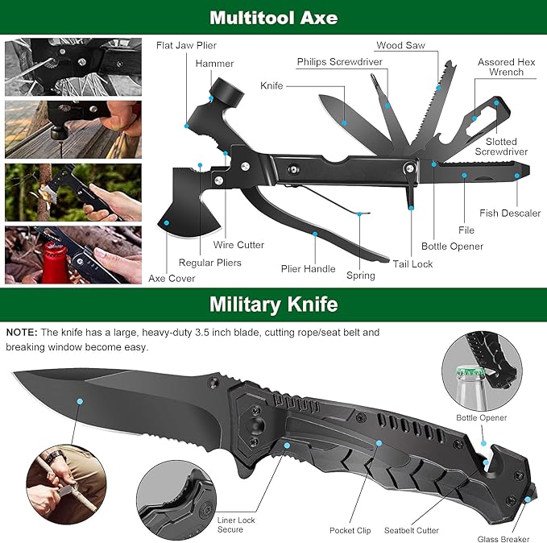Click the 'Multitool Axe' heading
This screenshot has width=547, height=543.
pos(273,17)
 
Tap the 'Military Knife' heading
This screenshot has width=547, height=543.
pos(273,305)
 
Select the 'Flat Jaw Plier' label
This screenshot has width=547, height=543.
pos(186,45)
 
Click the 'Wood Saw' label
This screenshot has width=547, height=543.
pos(400,46)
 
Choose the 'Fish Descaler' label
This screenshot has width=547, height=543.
pos(510,213)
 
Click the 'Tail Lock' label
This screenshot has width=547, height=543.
pos(412,263)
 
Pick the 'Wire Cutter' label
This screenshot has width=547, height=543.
pos(239,245)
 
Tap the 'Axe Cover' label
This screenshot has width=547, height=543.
pos(172,279)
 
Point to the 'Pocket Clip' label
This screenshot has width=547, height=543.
pos(350,530)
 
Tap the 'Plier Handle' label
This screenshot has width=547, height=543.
pos(308,268)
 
